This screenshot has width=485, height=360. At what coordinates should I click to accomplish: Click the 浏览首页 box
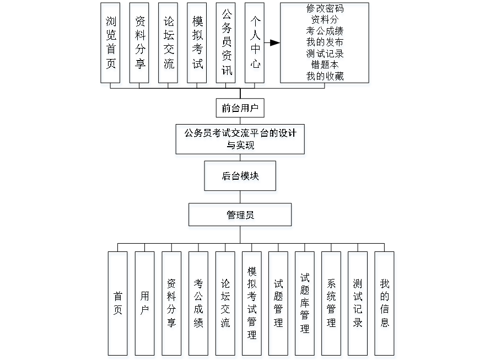111,45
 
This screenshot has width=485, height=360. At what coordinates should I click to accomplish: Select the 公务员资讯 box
227,45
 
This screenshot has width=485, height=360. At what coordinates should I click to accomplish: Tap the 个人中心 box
255,45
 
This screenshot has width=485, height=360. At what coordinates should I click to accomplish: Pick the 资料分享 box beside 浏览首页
140,45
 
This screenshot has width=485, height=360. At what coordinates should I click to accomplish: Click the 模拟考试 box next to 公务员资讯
198,45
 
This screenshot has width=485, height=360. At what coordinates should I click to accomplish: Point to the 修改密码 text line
325,9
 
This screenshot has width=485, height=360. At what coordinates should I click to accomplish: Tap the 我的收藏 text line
325,77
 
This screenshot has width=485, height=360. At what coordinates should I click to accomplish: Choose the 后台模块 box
241,178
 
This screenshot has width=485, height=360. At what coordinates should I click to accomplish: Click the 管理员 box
240,217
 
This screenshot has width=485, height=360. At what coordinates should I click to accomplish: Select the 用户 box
144,305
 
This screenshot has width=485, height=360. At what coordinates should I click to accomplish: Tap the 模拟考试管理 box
252,305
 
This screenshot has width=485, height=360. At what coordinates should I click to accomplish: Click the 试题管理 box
279,305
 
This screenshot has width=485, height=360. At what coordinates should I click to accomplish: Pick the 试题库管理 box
305,305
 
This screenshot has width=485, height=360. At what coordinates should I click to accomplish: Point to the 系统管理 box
332,305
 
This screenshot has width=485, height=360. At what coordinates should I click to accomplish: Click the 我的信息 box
385,305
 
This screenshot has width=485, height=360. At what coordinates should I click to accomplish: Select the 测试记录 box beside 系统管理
358,305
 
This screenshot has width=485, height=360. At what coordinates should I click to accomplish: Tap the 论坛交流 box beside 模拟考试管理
226,305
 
